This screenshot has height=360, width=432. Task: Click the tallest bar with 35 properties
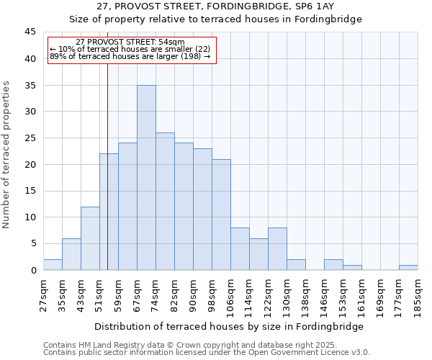point(146,178)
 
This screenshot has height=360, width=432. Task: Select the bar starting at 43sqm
point(90,238)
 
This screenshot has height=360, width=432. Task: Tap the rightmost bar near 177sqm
point(408,267)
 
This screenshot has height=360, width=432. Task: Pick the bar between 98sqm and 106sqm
point(221,215)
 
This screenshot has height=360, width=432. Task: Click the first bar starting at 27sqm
point(53,264)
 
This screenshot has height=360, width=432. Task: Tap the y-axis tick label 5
point(32,244)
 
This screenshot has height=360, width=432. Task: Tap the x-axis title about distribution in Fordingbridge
point(229,326)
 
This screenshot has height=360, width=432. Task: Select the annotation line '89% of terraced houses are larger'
point(130,56)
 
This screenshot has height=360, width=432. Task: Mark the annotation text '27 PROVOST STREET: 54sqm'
point(130,42)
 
